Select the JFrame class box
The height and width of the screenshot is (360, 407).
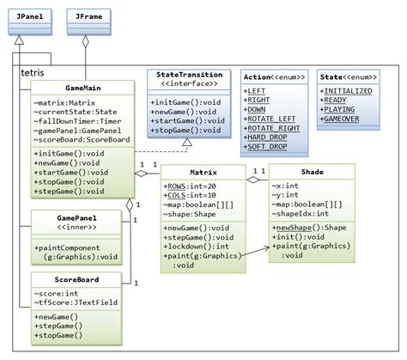(x=87, y=16)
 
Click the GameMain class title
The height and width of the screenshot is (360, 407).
(x=82, y=88)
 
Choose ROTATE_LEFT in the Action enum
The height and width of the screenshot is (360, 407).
(x=270, y=117)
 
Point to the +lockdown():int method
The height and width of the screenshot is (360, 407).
(x=197, y=246)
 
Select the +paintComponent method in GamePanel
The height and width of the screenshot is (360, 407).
(x=82, y=249)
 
